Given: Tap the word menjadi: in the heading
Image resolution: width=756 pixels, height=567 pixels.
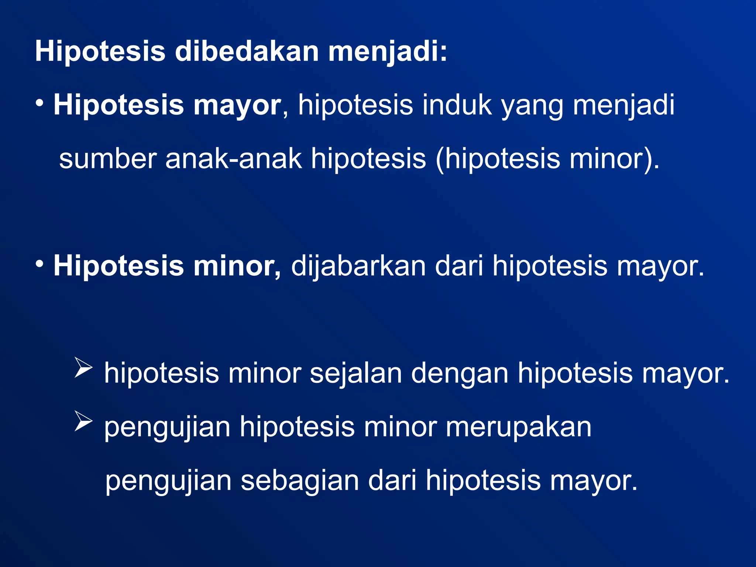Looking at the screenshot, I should [x=388, y=52].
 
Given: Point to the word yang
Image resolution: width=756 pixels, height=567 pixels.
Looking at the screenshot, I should [x=532, y=106].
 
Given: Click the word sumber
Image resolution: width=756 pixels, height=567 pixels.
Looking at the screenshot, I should [x=107, y=159].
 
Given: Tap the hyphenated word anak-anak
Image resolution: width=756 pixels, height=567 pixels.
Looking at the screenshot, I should [x=233, y=159].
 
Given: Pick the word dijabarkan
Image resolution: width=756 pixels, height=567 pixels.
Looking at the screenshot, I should [x=358, y=267].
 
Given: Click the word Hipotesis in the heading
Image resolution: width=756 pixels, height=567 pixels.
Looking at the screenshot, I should [x=100, y=52].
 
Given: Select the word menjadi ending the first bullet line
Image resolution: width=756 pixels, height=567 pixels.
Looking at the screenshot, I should [x=623, y=106].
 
